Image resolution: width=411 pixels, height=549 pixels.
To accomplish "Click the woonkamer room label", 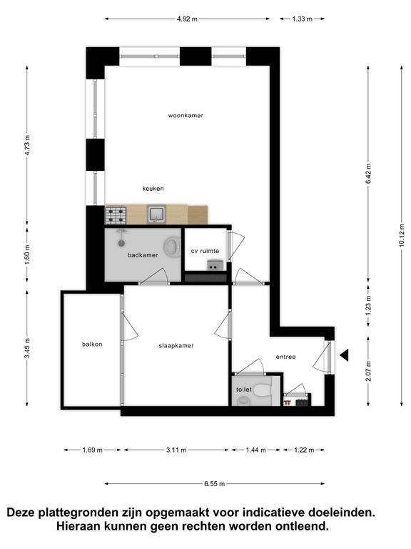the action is pyautogui.click(x=186, y=116).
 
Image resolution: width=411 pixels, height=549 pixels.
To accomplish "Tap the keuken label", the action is pyautogui.click(x=153, y=189).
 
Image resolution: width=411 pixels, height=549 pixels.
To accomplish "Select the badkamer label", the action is pyautogui.click(x=143, y=255).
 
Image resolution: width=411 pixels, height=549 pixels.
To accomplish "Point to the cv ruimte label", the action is pyautogui.click(x=205, y=251).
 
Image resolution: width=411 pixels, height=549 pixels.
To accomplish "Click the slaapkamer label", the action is pyautogui.click(x=176, y=345).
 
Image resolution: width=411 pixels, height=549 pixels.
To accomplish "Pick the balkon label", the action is pyautogui.click(x=92, y=344).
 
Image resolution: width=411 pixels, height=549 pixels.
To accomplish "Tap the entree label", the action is pyautogui.click(x=286, y=357).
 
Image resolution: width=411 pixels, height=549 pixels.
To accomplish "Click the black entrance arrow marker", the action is pyautogui.click(x=344, y=355).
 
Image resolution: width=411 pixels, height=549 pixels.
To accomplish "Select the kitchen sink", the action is pyautogui.click(x=157, y=214).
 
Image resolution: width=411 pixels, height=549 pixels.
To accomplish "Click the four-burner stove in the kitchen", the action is pyautogui.click(x=116, y=215).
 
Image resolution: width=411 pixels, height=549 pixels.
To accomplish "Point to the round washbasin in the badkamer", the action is pyautogui.click(x=172, y=246).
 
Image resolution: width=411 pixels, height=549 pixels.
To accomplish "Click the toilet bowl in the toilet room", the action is pyautogui.click(x=262, y=390).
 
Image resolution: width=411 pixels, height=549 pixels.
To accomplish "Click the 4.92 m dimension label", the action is pyautogui.click(x=187, y=19).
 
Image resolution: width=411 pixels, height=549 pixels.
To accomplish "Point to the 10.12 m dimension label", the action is pyautogui.click(x=402, y=235).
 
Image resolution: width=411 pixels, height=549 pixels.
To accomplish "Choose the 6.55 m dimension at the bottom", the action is pyautogui.click(x=214, y=484).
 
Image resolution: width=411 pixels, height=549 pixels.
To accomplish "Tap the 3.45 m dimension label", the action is pyautogui.click(x=28, y=348).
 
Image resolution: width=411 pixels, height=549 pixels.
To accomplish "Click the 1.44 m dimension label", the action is pyautogui.click(x=256, y=450).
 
